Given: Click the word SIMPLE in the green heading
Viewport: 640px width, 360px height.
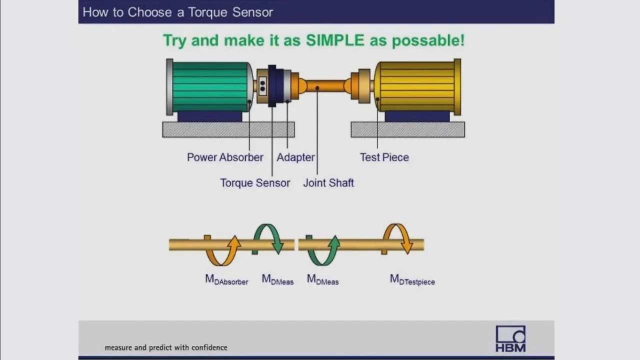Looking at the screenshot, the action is tap(335, 40).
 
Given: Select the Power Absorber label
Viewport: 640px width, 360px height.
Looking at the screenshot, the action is tap(225, 157).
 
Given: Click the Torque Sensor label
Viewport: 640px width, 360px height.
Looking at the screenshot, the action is tap(255, 183).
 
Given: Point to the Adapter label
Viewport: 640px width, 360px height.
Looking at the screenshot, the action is tap(295, 157).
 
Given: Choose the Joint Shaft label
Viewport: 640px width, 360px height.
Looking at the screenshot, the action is tap(328, 183).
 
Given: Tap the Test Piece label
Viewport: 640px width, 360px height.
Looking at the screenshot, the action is tap(384, 157).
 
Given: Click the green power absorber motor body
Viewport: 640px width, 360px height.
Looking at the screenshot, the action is tap(209, 87).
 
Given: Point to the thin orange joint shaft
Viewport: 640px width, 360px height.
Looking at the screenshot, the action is tap(325, 86).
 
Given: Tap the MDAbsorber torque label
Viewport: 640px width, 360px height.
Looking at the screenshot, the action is tap(226, 279).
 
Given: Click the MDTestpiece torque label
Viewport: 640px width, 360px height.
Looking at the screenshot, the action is tap(412, 279).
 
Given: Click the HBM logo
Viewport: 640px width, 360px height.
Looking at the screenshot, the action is tap(510, 339).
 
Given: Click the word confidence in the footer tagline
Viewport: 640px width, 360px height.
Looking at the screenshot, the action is tap(209, 347).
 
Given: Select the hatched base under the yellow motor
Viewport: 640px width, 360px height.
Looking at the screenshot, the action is tap(407, 129).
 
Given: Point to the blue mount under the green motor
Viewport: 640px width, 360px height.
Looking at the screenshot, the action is tap(209, 116).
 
